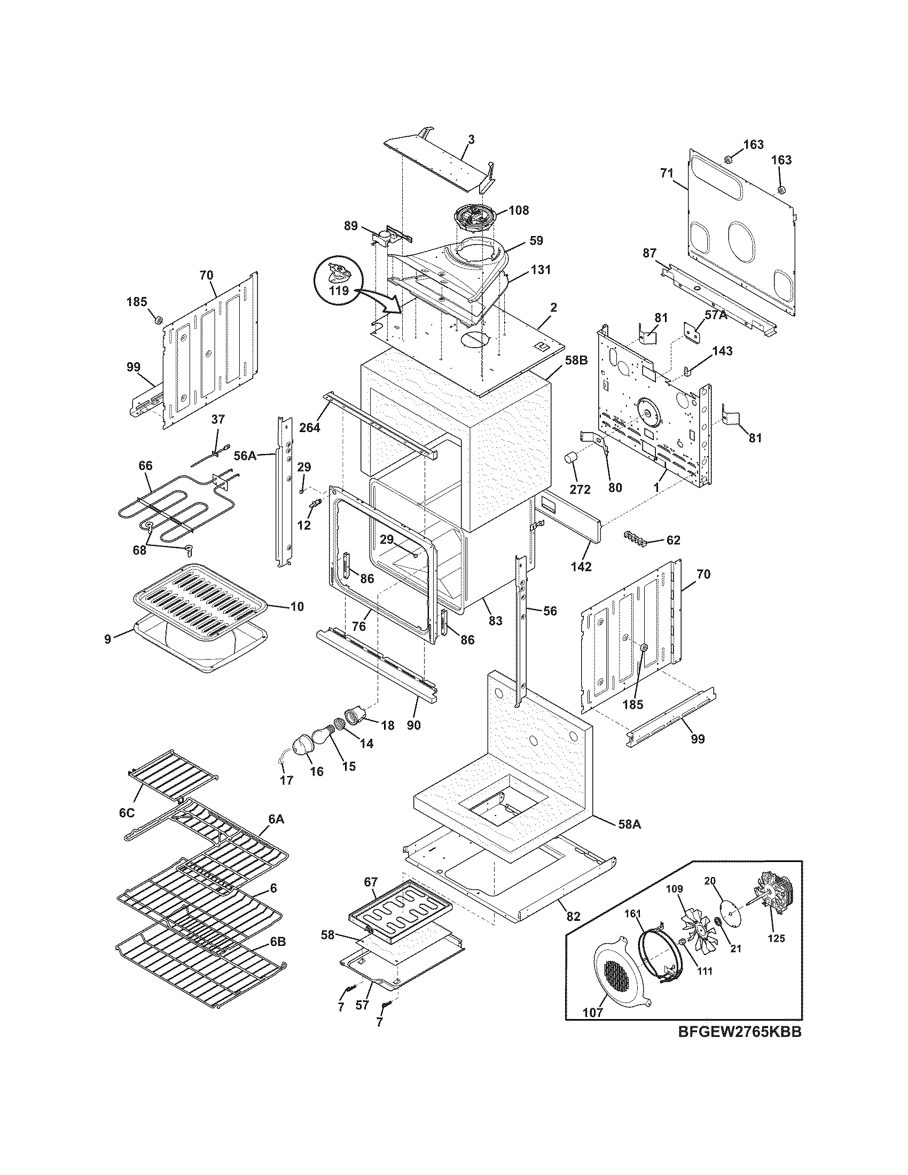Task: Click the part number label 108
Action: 518,210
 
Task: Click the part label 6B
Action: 278,942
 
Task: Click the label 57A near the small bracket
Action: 715,315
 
